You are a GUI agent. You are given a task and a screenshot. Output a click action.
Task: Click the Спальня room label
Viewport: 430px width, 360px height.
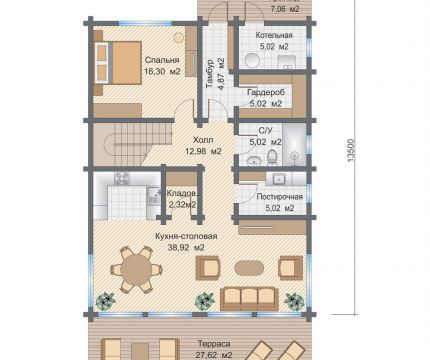162,60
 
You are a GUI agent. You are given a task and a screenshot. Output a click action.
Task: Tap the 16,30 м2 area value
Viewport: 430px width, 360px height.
162,71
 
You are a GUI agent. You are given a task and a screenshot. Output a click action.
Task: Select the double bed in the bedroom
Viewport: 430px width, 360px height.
117,62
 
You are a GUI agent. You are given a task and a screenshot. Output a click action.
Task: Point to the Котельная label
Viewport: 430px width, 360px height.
274,35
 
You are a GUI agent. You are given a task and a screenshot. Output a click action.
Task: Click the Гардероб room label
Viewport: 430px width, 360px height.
266,92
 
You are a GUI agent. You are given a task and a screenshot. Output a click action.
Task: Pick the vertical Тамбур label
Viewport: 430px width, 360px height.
210,74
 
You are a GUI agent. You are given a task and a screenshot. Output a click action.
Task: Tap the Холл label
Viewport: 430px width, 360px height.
203,140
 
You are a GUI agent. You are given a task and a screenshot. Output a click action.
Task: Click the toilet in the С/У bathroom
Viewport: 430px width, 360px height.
273,157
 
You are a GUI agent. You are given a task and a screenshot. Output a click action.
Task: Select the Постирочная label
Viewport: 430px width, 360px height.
280,197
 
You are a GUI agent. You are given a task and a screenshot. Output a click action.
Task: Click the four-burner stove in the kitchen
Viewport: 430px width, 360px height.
121,178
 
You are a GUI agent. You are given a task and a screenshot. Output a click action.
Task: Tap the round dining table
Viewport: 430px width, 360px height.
136,269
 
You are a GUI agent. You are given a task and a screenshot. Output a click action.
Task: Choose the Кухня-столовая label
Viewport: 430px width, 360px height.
186,236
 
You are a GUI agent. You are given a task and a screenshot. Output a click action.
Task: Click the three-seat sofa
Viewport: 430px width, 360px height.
250,298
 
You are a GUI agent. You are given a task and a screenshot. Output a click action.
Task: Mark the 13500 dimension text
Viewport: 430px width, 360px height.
352,150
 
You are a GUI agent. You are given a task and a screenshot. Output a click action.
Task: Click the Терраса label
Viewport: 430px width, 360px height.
214,344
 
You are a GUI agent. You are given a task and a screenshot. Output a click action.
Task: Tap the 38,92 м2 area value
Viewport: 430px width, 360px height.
185,248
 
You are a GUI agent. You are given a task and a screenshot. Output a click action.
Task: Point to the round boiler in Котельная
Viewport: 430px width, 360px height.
252,61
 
